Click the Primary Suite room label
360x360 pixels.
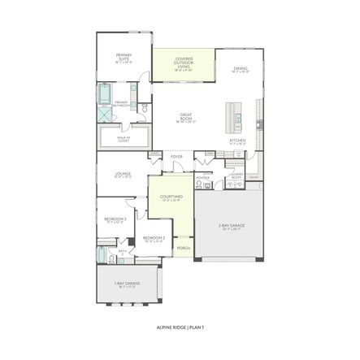(x=123, y=57)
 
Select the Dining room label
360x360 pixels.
(x=241, y=70)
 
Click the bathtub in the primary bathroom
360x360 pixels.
(x=105, y=94)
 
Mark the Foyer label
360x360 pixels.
(x=176, y=156)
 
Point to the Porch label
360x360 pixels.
(x=184, y=248)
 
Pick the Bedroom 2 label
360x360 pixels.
(x=154, y=239)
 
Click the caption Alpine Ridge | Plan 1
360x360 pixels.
(x=180, y=327)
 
